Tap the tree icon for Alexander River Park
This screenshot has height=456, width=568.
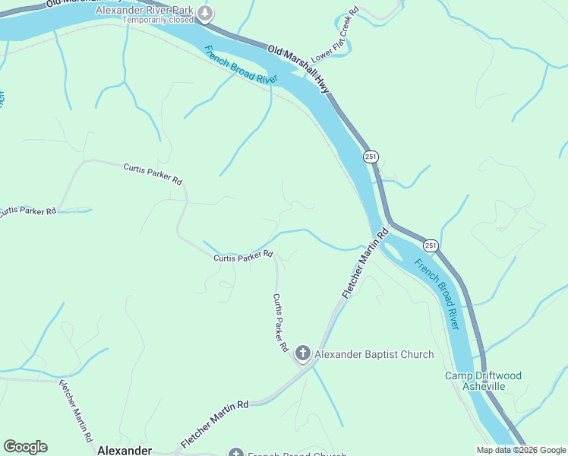pos(205,13)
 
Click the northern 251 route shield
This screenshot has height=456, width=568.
pos(371,157)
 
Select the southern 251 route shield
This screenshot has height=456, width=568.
pos(431,245)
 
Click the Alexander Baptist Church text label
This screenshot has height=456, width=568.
pos(374,354)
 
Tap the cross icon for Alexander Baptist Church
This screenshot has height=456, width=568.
pos(302,353)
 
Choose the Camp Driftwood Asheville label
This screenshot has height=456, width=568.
pos(483,381)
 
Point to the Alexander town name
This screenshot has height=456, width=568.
pos(125,450)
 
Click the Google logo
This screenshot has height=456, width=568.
pos(25,447)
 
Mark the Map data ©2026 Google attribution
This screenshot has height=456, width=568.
pos(521,450)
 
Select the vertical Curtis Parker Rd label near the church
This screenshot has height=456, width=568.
pos(280,322)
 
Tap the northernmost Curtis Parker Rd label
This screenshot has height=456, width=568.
pos(153,174)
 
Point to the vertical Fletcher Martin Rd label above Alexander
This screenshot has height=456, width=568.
pos(76,410)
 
